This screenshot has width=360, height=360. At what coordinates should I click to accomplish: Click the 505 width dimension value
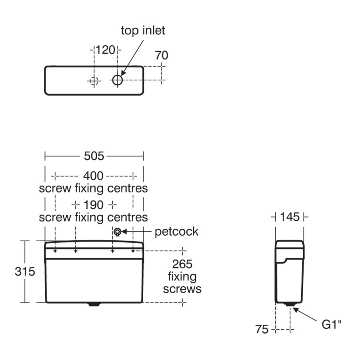94,156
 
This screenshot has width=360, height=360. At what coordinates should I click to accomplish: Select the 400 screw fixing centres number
94,176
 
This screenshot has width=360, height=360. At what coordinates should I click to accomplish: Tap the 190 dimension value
94,205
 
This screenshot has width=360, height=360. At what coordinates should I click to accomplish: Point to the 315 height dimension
25,272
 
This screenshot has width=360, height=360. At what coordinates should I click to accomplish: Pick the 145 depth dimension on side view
290,217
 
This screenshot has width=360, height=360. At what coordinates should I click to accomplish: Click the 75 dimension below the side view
262,330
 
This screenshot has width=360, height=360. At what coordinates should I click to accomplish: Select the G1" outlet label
332,324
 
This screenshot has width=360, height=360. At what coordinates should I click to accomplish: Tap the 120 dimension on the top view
105,50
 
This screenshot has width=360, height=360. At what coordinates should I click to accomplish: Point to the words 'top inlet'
143,31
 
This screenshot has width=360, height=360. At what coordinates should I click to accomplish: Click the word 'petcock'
176,232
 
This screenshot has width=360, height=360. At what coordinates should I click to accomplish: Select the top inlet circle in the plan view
117,80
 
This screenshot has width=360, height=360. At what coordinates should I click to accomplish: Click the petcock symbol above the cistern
117,232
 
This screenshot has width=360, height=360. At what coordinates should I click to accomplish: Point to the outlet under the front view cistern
94,304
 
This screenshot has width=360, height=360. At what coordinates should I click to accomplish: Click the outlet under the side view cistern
290,304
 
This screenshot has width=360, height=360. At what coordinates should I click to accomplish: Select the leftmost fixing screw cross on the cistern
55,251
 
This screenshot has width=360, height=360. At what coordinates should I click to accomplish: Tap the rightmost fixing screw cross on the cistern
133,251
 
